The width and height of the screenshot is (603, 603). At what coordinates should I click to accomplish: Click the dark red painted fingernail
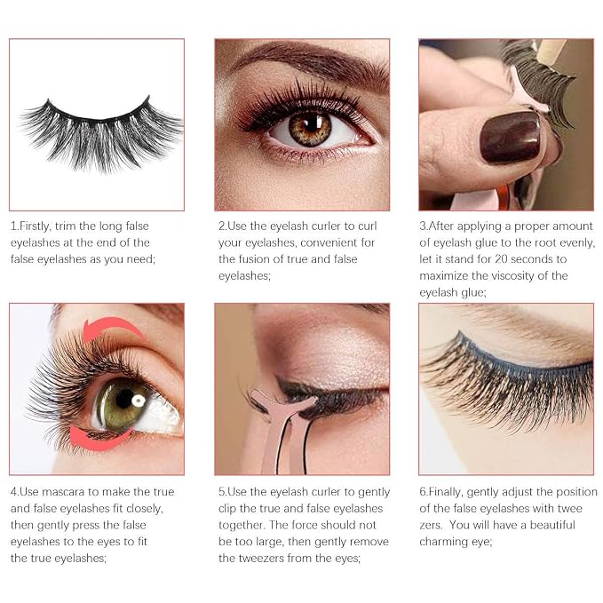coord(511,138)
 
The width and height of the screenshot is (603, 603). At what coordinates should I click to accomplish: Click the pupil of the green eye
coord(124,399)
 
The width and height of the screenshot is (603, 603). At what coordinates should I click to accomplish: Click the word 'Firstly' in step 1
coord(35,226)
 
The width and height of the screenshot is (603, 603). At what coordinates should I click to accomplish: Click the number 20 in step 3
coord(501,258)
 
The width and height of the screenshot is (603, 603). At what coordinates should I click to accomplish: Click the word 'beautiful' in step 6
coord(552,525)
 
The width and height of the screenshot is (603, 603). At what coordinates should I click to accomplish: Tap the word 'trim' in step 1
coord(66,226)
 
